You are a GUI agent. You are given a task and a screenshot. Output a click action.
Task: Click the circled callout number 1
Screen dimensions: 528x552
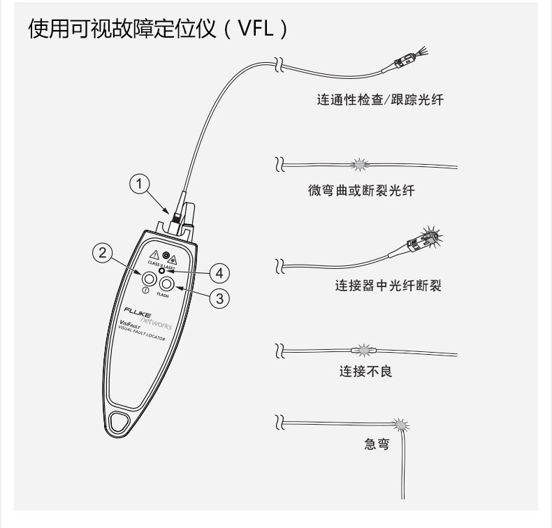[140, 184]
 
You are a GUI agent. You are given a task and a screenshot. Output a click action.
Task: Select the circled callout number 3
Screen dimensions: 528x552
[219, 298]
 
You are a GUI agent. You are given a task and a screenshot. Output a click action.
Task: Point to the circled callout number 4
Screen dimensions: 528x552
[219, 271]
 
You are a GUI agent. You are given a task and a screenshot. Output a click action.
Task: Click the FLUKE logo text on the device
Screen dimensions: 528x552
[136, 310]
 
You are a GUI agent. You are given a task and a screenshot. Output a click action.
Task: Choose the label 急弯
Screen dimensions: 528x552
[377, 444]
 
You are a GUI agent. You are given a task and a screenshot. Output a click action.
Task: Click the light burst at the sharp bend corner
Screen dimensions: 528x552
[400, 425]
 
